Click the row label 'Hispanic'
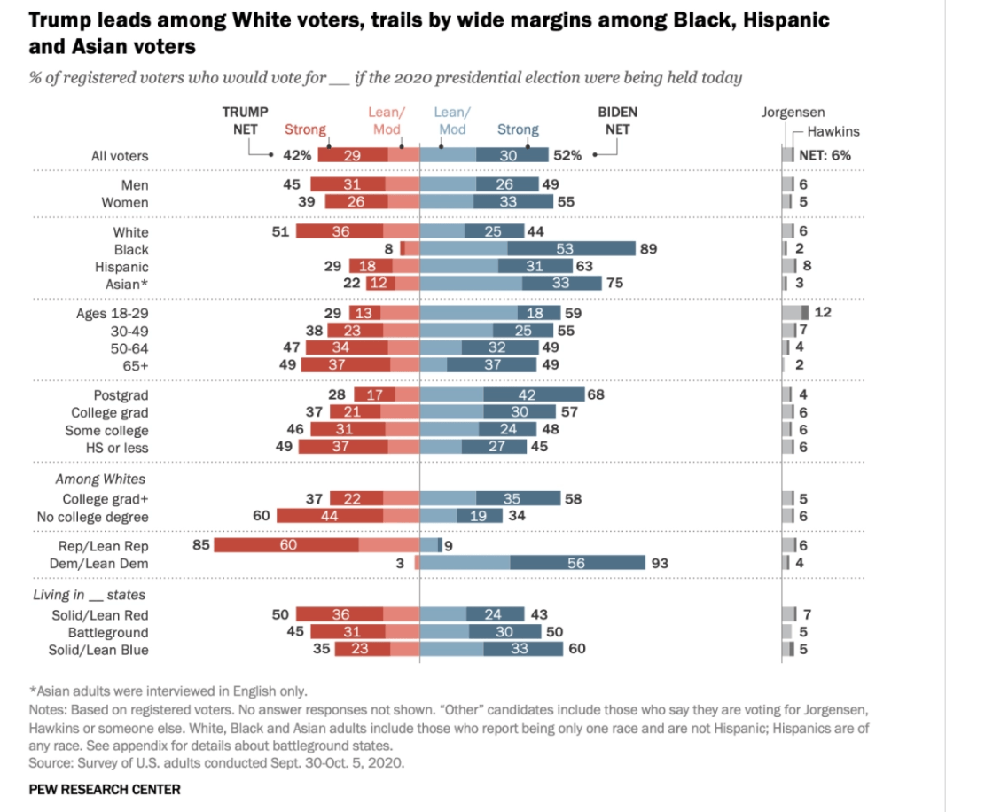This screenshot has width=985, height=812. pos(121,267)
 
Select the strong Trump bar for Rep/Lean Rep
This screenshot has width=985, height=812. pos(286,545)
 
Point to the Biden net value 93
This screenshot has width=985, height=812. pos(659,563)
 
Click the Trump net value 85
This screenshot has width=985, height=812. pos(201,545)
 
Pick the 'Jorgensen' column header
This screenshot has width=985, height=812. pos(793,113)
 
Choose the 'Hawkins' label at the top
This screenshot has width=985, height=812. pos(833,131)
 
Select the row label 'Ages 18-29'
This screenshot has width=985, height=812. pos(113,314)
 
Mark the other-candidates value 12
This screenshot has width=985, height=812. pos(822,313)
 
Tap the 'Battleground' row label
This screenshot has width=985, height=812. pos(108,633)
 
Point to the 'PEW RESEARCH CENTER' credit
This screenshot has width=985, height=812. pos(105,789)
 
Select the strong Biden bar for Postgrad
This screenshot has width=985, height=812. pos(534,394)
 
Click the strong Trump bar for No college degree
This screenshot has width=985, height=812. pos(330,517)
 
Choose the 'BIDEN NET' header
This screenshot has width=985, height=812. pos(618,121)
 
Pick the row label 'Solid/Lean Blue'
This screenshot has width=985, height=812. pos(98,650)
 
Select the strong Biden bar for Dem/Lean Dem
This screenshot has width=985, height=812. pos(577,563)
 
